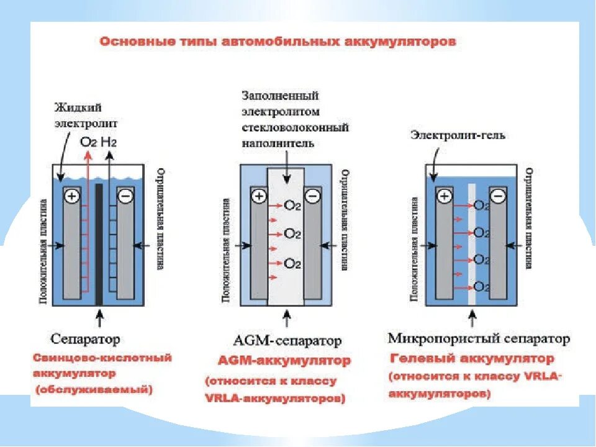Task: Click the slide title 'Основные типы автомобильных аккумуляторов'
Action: [278, 42]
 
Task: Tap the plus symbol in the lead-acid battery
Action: [72, 196]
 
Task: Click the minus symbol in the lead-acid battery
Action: [125, 196]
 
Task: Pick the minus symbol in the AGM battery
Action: [312, 196]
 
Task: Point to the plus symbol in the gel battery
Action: [445, 196]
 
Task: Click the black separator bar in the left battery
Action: [99, 242]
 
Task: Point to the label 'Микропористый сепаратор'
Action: [478, 339]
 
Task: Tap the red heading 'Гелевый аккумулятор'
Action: [472, 359]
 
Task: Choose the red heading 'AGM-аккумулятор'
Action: [284, 361]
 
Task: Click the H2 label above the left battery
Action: [109, 142]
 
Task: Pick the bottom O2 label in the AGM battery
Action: [292, 263]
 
